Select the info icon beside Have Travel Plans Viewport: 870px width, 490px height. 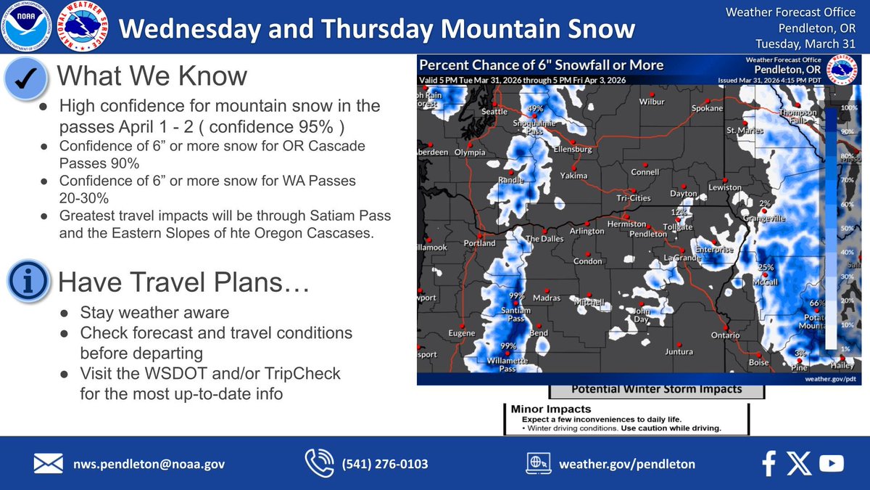point(28,282)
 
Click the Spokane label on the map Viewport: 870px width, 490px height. point(707,108)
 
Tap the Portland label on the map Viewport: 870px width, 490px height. point(479,243)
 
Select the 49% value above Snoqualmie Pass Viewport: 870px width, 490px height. point(535,110)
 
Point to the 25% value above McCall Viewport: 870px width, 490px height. point(766,268)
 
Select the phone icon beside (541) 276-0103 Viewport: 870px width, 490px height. point(319,463)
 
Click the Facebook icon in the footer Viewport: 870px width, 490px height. point(769,463)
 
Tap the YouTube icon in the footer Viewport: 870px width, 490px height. point(831,463)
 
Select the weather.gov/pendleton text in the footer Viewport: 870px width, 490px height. point(626,464)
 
